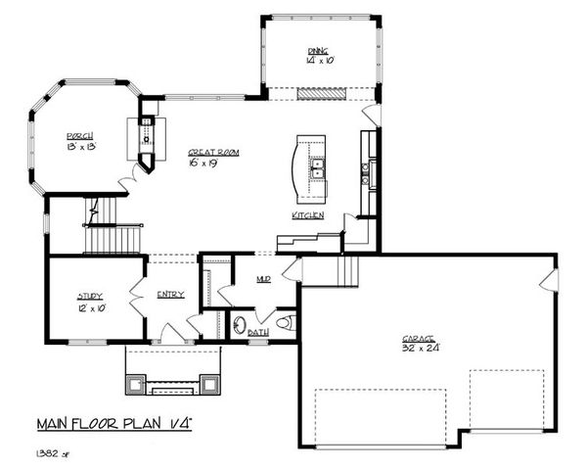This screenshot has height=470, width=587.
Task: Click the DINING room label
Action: [x=319, y=51]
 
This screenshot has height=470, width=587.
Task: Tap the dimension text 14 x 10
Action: [x=319, y=61]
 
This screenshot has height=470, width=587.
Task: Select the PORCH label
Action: [x=80, y=136]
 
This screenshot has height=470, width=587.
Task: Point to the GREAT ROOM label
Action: [x=214, y=153]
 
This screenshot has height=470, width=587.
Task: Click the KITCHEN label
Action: [x=307, y=215]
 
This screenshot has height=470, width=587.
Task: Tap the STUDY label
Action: [x=91, y=296]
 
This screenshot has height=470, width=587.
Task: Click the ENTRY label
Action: [x=170, y=295]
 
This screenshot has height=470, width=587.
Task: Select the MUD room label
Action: [x=263, y=279]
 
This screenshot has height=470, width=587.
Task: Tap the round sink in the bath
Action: [x=240, y=324]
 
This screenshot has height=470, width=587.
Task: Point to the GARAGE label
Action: [x=418, y=339]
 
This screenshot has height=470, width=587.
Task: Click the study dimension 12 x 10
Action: [x=91, y=306]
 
